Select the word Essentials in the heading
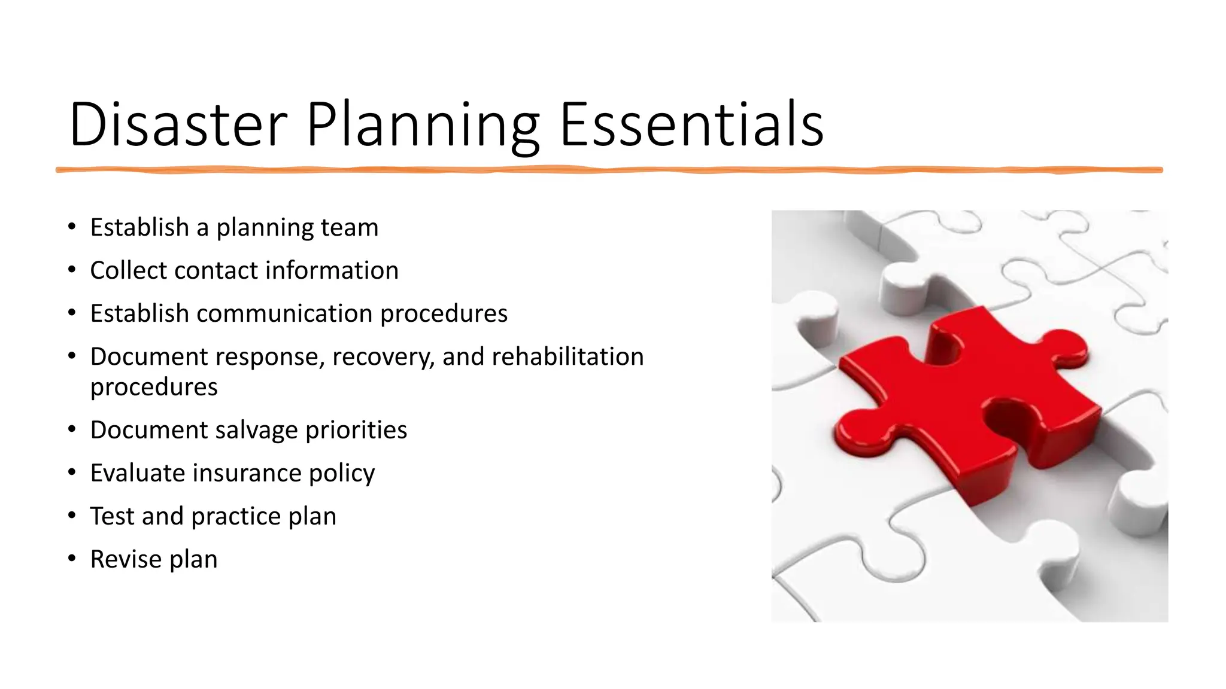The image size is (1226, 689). pyautogui.click(x=691, y=124)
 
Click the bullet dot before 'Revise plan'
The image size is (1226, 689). pyautogui.click(x=72, y=559)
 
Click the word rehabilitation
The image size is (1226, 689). pyautogui.click(x=568, y=356)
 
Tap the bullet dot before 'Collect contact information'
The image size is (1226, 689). pyautogui.click(x=72, y=270)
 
